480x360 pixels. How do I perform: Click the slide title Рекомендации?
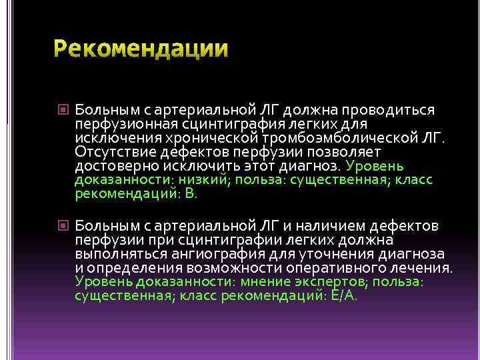pyautogui.click(x=141, y=49)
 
